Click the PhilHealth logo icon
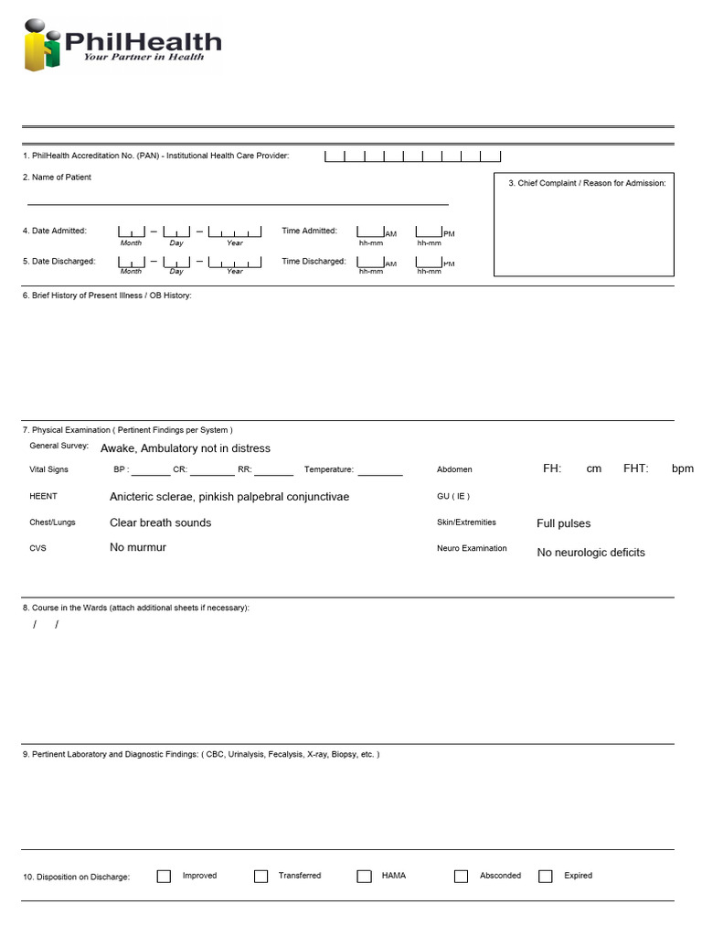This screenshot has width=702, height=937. click(x=42, y=45)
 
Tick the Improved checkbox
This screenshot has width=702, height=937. click(x=164, y=876)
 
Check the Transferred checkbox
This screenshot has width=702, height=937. click(x=261, y=876)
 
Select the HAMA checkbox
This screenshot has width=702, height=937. click(x=364, y=876)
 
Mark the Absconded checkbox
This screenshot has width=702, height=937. click(x=461, y=876)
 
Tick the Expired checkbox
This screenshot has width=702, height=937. click(x=546, y=876)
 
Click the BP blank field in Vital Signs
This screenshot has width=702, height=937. click(x=151, y=469)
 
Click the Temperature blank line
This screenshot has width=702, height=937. click(x=380, y=469)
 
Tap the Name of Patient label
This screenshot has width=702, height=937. click(x=57, y=178)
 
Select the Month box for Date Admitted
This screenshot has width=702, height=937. click(x=131, y=232)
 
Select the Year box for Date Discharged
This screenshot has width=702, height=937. click(x=235, y=262)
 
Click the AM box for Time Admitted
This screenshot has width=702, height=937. click(x=370, y=232)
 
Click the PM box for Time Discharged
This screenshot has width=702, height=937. click(x=429, y=262)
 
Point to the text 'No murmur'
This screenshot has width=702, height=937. click(x=138, y=547)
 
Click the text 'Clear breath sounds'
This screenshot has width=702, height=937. click(x=160, y=522)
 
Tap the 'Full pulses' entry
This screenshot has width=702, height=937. click(x=563, y=523)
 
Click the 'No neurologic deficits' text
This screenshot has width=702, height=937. click(x=590, y=553)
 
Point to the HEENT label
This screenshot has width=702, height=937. click(x=43, y=496)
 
